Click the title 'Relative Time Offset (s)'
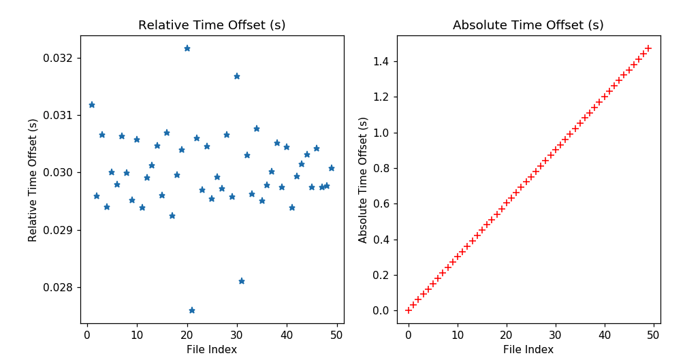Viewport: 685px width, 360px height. [x=212, y=25]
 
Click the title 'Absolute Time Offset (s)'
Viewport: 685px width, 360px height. [x=528, y=25]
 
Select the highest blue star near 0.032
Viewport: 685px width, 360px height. [x=187, y=48]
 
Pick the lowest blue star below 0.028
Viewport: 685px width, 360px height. [x=192, y=310]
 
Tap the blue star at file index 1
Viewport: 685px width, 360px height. [x=92, y=105]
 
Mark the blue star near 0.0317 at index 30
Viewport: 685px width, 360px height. [x=237, y=76]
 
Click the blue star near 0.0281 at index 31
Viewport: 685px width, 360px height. [x=242, y=281]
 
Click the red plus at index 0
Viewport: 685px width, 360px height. [x=409, y=310]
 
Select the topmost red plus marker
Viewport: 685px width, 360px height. [x=648, y=48]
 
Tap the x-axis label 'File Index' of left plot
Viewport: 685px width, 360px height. [x=212, y=350]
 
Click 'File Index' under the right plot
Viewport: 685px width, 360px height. [x=528, y=350]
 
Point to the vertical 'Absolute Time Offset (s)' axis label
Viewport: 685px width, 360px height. [x=363, y=180]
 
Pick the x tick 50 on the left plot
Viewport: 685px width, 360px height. [x=336, y=335]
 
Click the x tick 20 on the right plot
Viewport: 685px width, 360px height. [x=507, y=335]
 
